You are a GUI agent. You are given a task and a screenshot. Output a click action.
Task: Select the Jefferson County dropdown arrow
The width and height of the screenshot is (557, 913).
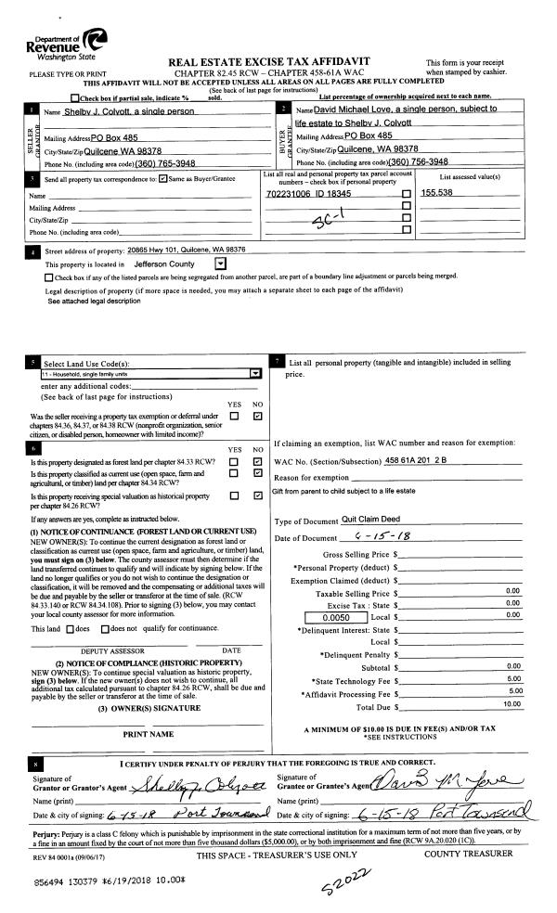(220, 264)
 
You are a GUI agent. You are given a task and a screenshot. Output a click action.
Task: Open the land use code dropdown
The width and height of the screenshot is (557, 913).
(255, 374)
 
